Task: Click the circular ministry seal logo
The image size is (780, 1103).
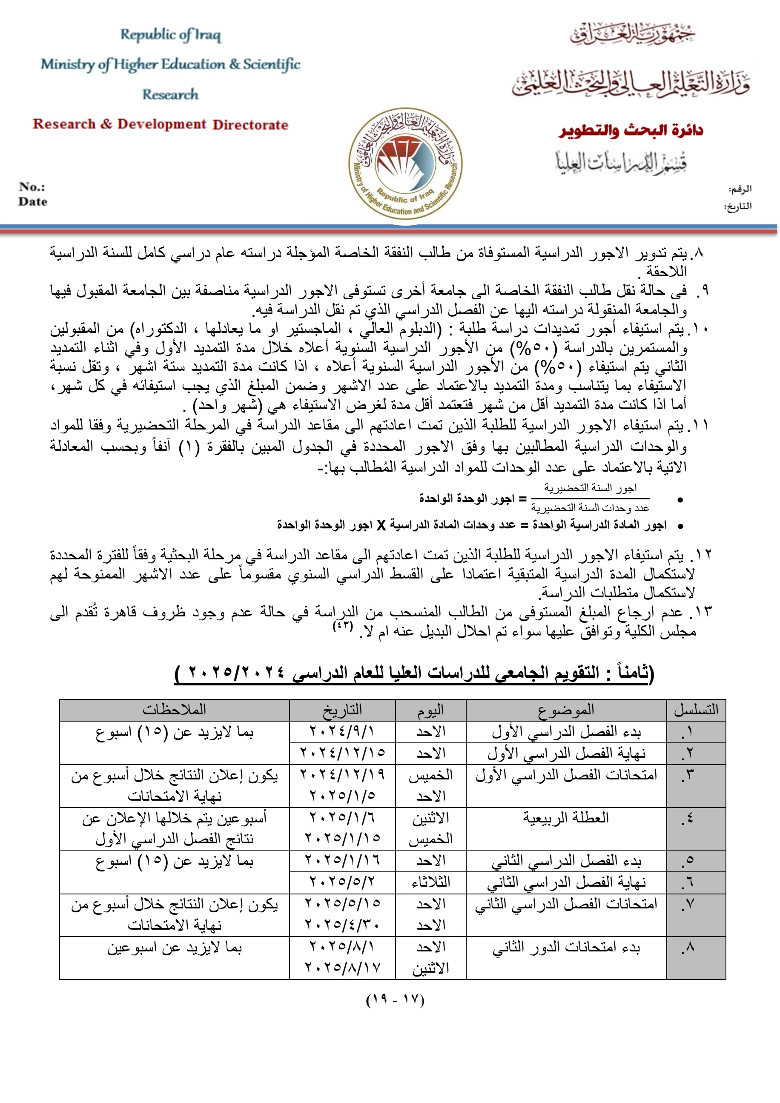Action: coord(405,164)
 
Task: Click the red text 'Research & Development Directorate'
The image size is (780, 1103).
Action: coord(161,124)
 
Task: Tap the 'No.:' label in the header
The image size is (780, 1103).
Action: coord(32,186)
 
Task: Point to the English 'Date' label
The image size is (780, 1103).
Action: coord(33,202)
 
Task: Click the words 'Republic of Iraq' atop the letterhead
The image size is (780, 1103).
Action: coord(171,34)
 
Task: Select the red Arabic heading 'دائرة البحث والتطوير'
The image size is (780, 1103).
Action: coord(631,131)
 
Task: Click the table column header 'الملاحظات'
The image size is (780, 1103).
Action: coord(174,710)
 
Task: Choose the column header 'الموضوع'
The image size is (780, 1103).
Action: coord(566,710)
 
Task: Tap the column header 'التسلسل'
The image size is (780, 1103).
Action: coord(695,710)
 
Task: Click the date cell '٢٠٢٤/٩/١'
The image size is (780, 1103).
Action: coord(342,732)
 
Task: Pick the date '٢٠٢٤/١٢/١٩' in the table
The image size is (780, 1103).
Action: coord(342,774)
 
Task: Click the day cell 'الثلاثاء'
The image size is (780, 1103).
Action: coord(430,882)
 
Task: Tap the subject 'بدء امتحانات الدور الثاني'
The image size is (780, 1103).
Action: coord(566,947)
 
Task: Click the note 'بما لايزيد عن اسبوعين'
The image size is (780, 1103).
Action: coord(174,947)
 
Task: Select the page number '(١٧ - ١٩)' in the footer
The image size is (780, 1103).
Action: coord(395,1000)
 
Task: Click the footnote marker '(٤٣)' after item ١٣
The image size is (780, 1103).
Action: coord(343,627)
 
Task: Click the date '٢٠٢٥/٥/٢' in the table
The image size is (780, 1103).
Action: coord(342,882)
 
